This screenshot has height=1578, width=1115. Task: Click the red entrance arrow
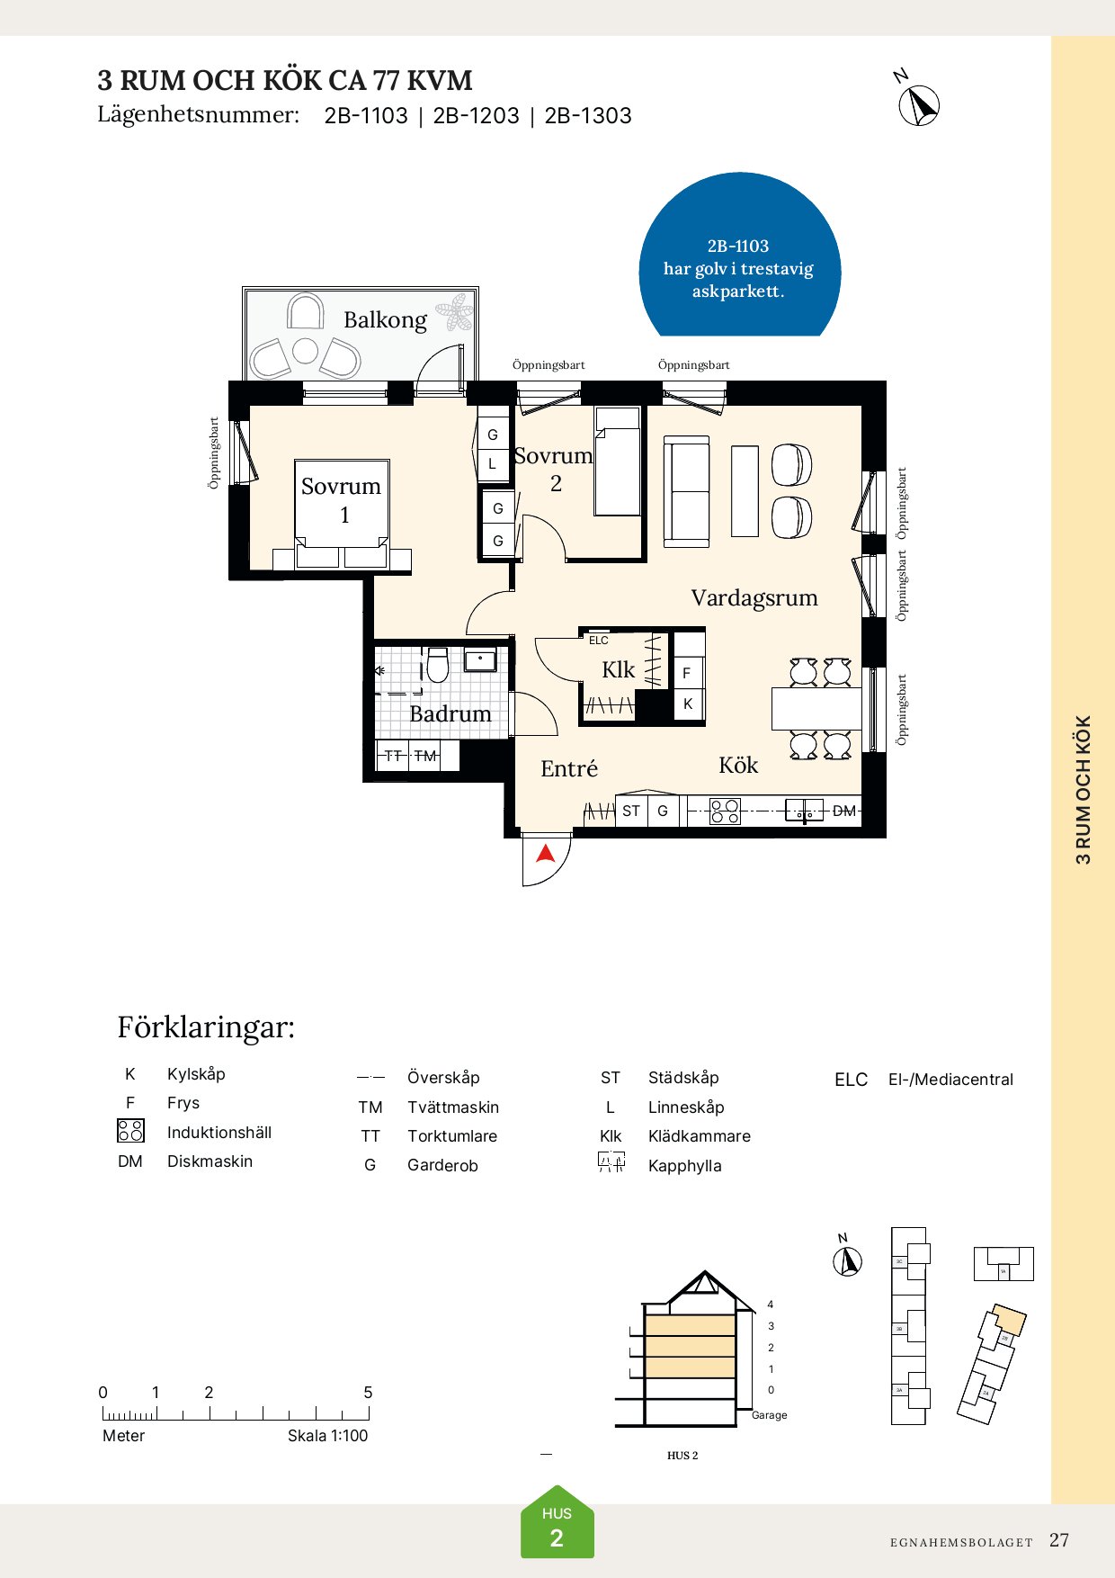tap(546, 853)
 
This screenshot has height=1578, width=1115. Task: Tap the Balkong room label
tap(385, 320)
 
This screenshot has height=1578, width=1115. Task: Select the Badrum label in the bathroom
tap(450, 714)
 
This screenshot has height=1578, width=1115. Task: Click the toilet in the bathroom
tap(438, 665)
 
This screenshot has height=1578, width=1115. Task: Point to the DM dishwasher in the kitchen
tap(843, 811)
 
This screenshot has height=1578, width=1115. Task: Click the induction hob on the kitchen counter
tap(725, 811)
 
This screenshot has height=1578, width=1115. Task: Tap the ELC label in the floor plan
tap(599, 641)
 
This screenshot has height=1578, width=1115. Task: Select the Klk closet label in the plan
tap(618, 670)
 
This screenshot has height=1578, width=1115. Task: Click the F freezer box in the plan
tap(687, 673)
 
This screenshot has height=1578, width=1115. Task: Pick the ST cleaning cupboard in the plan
tap(631, 811)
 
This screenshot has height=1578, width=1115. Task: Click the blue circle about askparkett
tap(739, 261)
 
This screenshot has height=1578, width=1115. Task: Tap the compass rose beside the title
tap(919, 104)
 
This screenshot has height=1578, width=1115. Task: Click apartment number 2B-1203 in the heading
tap(476, 116)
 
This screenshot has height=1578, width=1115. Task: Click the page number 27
tap(1059, 1540)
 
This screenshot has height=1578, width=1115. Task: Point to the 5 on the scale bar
tap(368, 1393)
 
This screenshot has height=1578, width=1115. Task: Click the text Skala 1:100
tap(327, 1436)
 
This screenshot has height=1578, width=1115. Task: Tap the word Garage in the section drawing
tap(769, 1415)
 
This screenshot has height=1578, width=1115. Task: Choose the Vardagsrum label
tap(754, 598)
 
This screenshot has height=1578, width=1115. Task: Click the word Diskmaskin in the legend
tap(210, 1161)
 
